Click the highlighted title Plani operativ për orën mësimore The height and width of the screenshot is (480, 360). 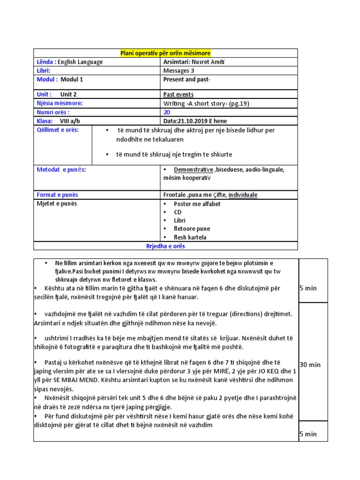(x=165, y=53)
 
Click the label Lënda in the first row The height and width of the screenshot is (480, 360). (x=46, y=62)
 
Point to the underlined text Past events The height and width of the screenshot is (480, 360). (x=178, y=95)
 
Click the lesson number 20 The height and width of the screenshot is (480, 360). (x=167, y=112)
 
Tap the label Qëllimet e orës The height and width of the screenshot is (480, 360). (x=58, y=130)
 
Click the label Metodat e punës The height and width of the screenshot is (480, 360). (x=61, y=170)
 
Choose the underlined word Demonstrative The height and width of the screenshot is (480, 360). (x=193, y=169)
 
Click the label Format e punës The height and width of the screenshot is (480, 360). (x=58, y=195)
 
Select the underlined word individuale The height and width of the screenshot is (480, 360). (x=243, y=195)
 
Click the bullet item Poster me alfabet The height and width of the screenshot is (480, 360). (x=197, y=204)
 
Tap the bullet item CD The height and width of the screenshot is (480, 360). (x=178, y=212)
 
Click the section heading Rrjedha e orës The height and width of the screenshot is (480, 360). (x=165, y=246)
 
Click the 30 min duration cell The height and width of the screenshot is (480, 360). (x=310, y=365)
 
